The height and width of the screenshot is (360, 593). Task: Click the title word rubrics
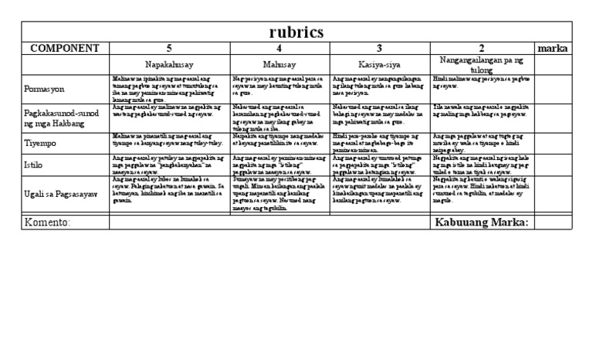(296, 32)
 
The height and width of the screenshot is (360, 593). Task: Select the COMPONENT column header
(66, 49)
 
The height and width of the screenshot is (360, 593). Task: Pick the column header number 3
(380, 49)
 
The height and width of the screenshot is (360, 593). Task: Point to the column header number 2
(481, 49)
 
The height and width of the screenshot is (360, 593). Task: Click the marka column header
(552, 49)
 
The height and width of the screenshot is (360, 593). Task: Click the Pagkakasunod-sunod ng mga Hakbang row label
(65, 118)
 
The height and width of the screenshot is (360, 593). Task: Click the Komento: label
(48, 222)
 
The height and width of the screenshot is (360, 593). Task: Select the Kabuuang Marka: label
(482, 222)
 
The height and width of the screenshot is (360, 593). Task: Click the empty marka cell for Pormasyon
(552, 89)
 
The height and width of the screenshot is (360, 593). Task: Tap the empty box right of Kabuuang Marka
(552, 222)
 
